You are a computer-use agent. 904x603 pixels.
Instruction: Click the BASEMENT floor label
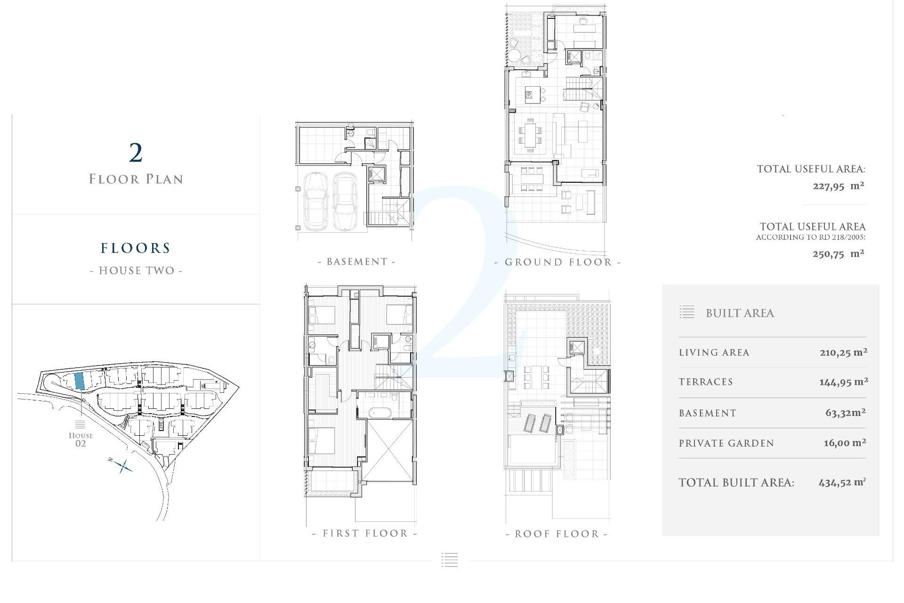pos(357,262)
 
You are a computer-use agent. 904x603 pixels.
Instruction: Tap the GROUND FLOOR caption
pos(558,262)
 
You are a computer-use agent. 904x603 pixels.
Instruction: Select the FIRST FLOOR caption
pos(365,534)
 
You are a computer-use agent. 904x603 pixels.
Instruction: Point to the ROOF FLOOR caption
pos(557,534)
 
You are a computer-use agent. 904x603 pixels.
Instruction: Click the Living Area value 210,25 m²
pos(843,352)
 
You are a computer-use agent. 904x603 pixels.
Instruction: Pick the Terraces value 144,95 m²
pos(843,382)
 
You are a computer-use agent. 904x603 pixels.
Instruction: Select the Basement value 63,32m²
pos(845,413)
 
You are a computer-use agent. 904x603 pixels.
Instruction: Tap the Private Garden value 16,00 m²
pos(845,443)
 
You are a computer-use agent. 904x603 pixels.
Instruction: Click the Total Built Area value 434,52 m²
pos(842,482)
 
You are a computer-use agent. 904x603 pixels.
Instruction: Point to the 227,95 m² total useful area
pos(838,186)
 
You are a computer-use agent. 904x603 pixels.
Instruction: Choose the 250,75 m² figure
pos(838,254)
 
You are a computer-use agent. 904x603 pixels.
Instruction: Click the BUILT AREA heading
pos(740,313)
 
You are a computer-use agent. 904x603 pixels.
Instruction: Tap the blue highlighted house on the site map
pos(80,381)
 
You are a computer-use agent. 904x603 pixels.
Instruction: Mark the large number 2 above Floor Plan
pos(136,152)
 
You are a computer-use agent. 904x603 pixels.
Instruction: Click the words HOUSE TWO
pos(136,271)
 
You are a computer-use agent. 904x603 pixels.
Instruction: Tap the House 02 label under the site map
pos(81,439)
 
